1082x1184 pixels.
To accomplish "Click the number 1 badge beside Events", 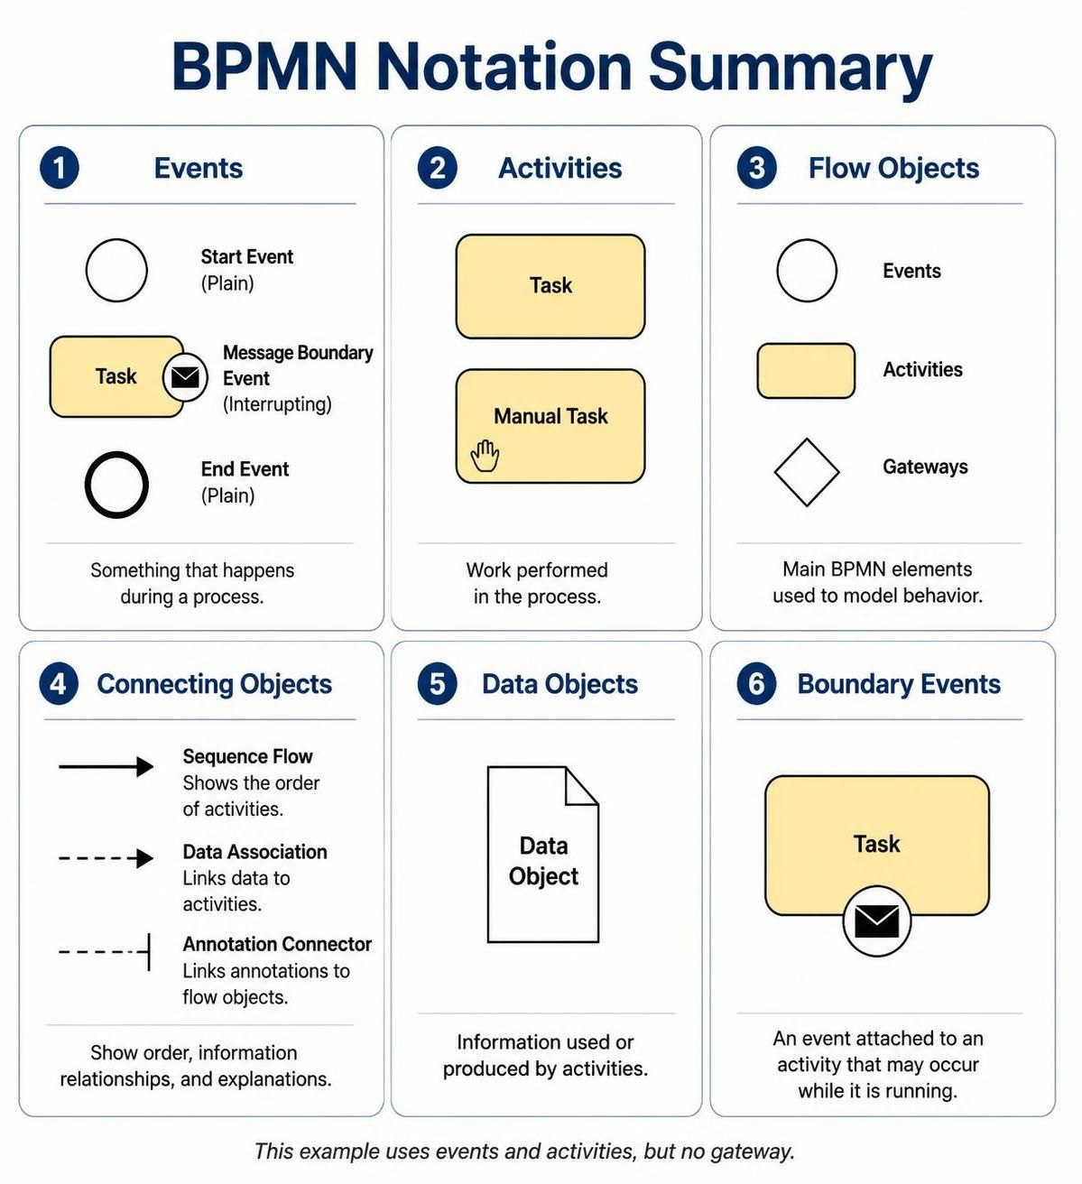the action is pyautogui.click(x=59, y=168).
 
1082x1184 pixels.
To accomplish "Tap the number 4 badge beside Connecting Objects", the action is pyautogui.click(x=59, y=684).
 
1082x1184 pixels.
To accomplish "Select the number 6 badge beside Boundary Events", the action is pyautogui.click(x=756, y=684).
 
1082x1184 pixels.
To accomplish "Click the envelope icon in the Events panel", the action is pyautogui.click(x=185, y=377).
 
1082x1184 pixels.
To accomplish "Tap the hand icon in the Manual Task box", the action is pyautogui.click(x=485, y=456).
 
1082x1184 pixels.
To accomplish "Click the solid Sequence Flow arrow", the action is pyautogui.click(x=106, y=766).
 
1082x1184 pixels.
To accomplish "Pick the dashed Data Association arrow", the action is pyautogui.click(x=106, y=857).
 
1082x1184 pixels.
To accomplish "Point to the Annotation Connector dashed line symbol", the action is pyautogui.click(x=105, y=951).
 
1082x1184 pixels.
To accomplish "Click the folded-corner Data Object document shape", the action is pyautogui.click(x=487, y=854).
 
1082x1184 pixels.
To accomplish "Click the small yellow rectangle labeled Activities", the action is pyautogui.click(x=806, y=371).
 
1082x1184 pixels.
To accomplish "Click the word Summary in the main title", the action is pyautogui.click(x=791, y=66).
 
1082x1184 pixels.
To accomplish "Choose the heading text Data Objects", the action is pyautogui.click(x=559, y=684).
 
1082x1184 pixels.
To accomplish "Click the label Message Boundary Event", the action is pyautogui.click(x=298, y=365).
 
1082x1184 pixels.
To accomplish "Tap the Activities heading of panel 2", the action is pyautogui.click(x=559, y=168).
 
